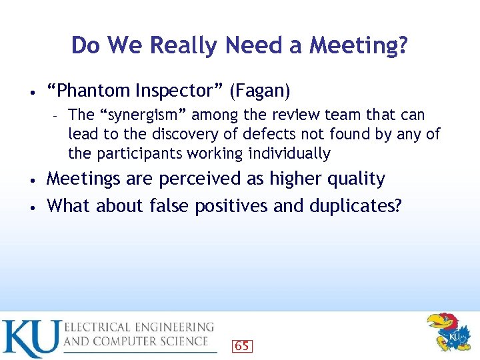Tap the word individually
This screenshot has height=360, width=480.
(x=289, y=153)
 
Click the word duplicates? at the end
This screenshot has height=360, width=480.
(x=356, y=205)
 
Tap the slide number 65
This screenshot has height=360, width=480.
(x=242, y=346)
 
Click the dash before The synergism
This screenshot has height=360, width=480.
(x=57, y=115)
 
